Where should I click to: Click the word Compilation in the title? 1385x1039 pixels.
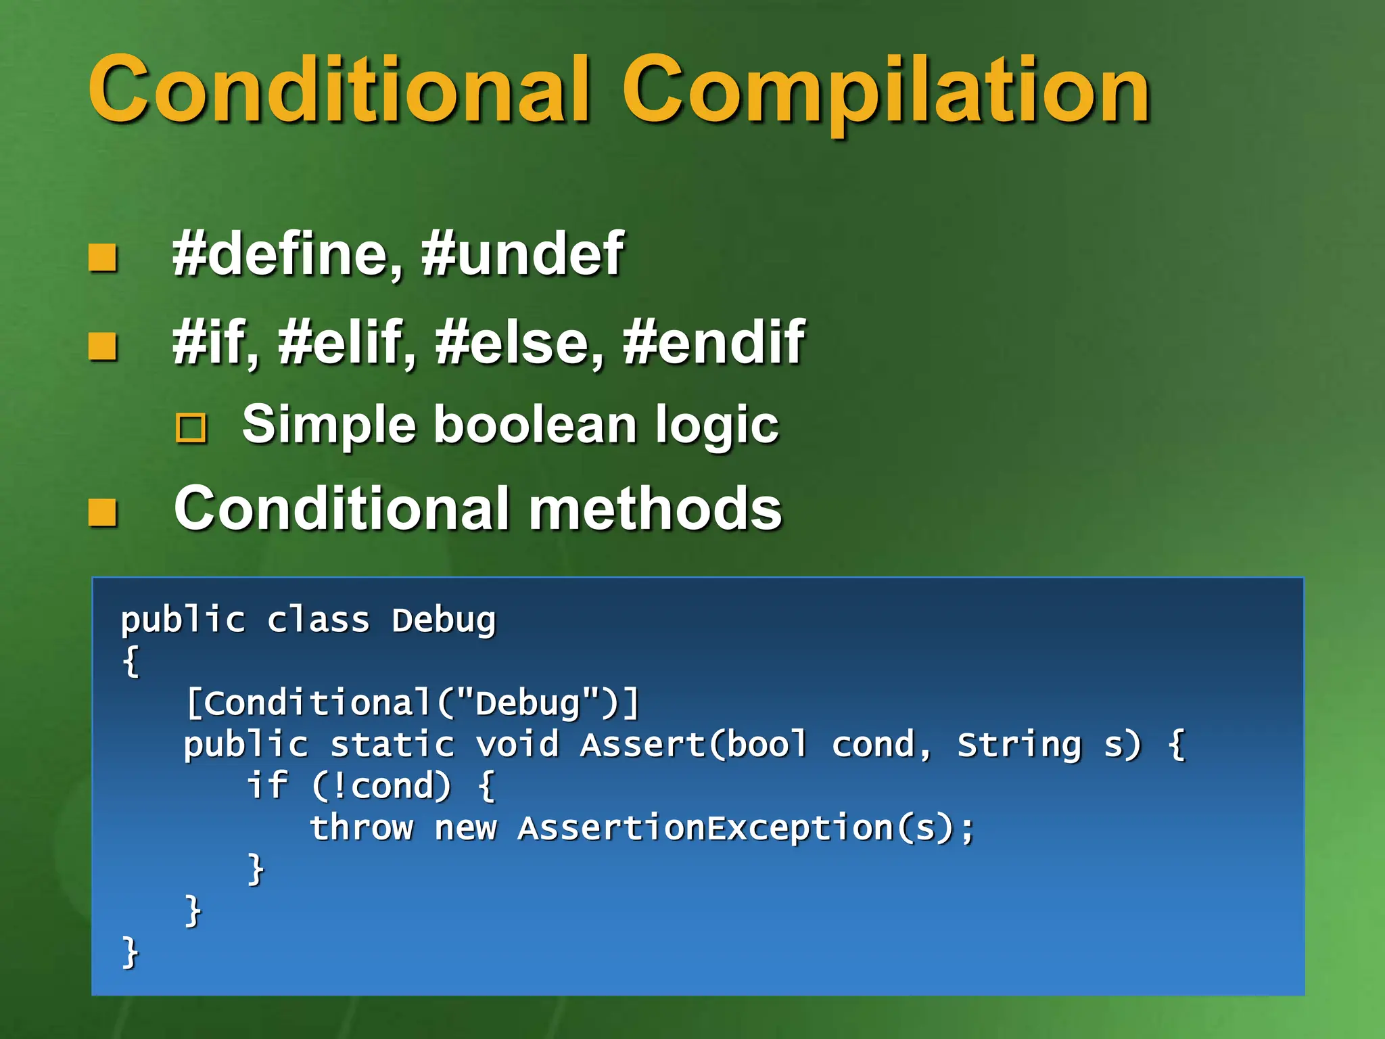(886, 91)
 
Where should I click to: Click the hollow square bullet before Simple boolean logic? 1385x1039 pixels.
(191, 428)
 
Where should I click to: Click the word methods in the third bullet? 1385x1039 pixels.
(655, 509)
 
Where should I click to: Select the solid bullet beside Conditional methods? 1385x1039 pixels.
(103, 512)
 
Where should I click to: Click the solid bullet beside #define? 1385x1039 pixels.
(103, 258)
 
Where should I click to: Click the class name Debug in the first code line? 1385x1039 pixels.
(444, 620)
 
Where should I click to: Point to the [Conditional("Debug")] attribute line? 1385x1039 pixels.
(413, 703)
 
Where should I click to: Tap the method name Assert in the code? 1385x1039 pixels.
(642, 745)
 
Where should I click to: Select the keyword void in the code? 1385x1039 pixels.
(517, 745)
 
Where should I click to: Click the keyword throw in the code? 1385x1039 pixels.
(361, 828)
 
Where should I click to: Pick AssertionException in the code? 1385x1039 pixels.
(705, 828)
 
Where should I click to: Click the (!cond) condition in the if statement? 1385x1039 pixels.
(381, 786)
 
